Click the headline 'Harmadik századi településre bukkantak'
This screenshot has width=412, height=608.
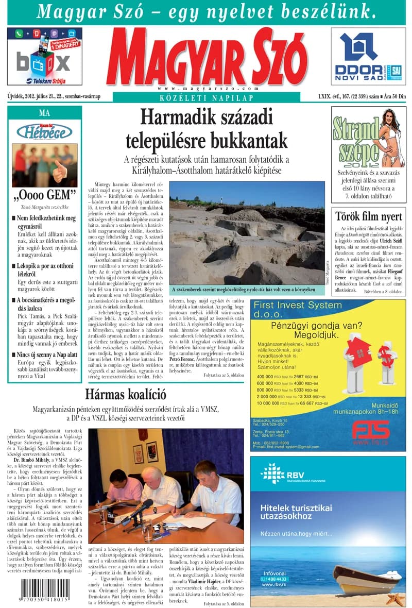pyautogui.click(x=207, y=129)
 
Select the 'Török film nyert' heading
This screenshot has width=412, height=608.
pyautogui.click(x=369, y=216)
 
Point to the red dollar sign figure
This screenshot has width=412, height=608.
pyautogui.click(x=386, y=356)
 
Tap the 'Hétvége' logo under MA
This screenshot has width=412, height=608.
pyautogui.click(x=44, y=132)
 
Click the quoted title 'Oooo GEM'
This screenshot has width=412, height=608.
pyautogui.click(x=45, y=195)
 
